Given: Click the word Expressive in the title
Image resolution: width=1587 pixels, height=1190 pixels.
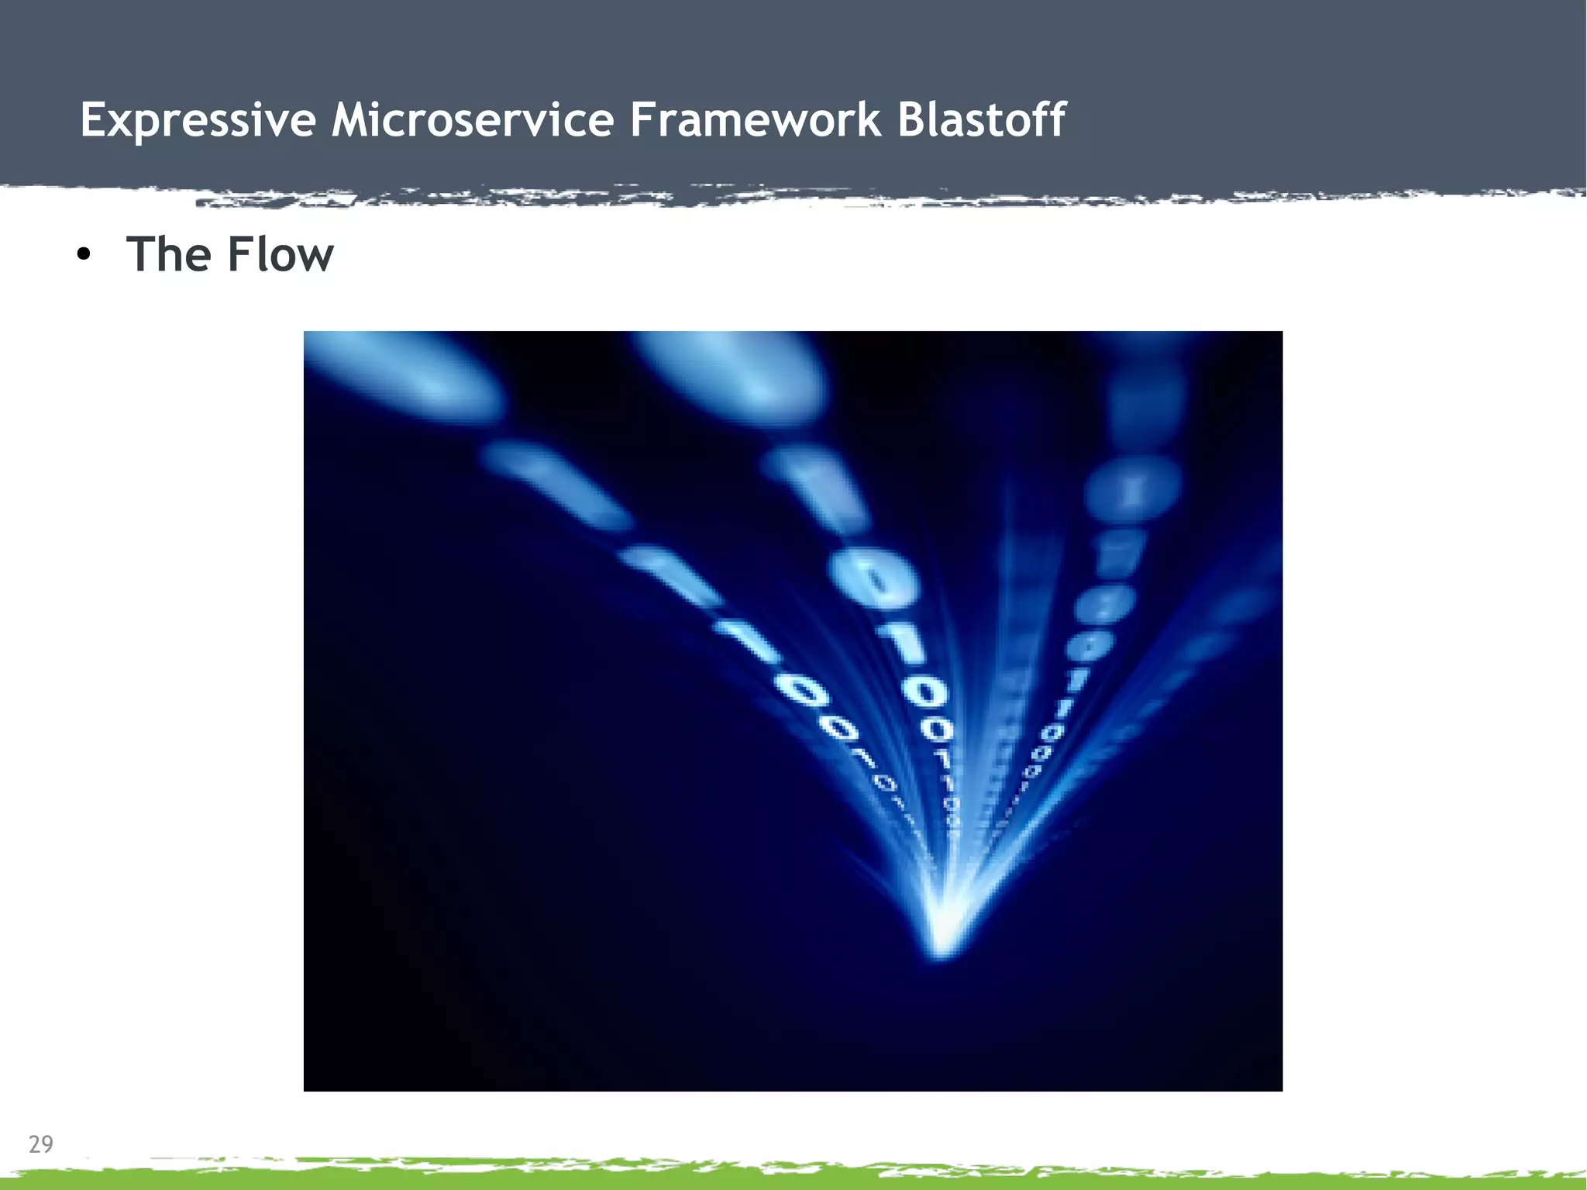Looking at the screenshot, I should click(198, 120).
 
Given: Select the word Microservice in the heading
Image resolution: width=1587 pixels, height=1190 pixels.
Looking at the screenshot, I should click(473, 120).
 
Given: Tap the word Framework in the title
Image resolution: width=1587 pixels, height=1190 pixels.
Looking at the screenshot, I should click(756, 120).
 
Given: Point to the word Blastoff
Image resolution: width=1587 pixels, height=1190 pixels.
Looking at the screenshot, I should click(981, 120).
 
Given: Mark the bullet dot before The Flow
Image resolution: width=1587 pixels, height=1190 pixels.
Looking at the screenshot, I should click(84, 255).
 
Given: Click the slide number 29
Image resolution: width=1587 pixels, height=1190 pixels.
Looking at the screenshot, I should click(40, 1144).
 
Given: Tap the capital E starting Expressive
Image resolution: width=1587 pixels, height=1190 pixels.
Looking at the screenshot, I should click(93, 120).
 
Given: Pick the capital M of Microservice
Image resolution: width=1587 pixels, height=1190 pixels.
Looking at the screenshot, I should click(350, 120).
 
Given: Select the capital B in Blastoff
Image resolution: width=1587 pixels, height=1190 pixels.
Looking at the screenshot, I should click(913, 120).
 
